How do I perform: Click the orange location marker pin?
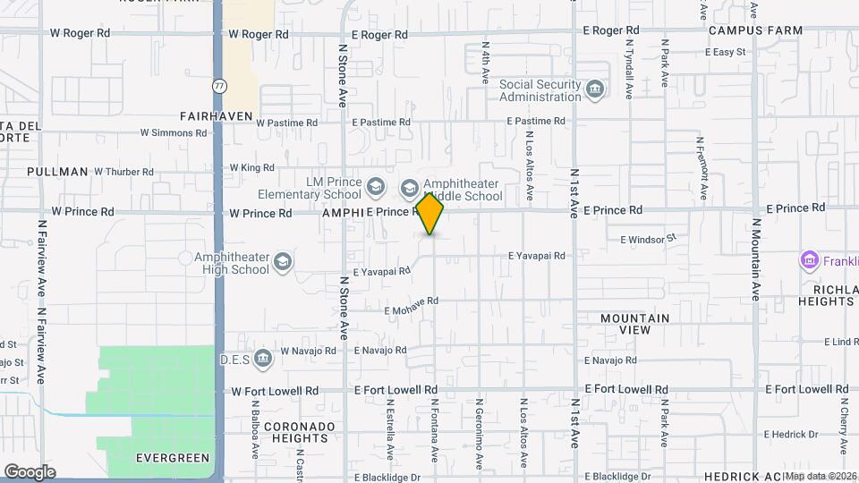(430, 214)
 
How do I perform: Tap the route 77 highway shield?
(219, 86)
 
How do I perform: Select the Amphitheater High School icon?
(283, 261)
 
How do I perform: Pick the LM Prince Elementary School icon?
(376, 188)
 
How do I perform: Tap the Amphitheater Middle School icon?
(410, 188)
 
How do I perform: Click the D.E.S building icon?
(263, 359)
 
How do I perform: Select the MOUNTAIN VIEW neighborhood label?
(634, 324)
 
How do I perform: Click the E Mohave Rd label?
(411, 311)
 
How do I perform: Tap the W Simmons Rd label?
(173, 132)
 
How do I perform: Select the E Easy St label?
(725, 52)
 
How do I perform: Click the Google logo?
(30, 471)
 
